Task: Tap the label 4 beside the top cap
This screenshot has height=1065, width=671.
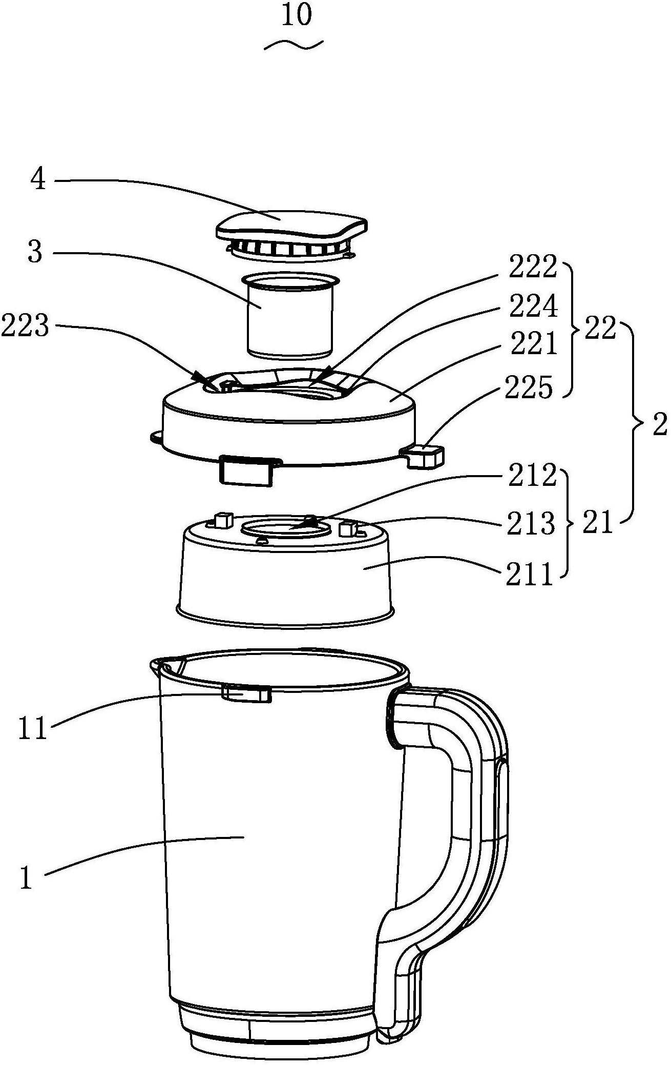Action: click(x=39, y=180)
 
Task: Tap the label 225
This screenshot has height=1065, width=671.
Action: click(x=529, y=388)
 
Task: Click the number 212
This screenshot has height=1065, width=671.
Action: click(x=532, y=476)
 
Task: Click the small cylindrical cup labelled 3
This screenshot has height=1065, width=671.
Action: click(x=289, y=315)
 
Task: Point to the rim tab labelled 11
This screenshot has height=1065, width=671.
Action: click(x=246, y=693)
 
